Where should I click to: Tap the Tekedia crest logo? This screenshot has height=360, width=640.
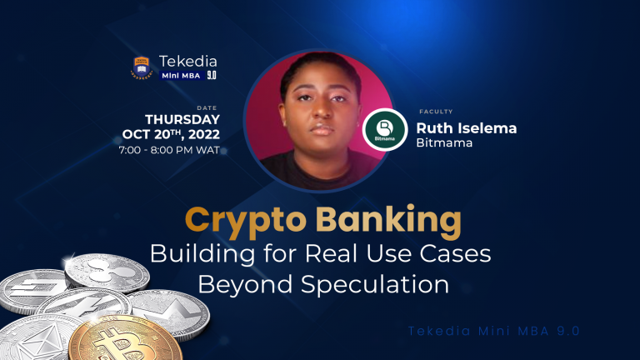click(141, 67)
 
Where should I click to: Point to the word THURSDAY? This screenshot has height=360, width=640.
click(182, 120)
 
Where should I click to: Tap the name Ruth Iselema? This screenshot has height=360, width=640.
click(467, 127)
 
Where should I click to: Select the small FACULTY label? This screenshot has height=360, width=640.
click(431, 109)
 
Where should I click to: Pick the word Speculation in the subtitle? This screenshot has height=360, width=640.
click(362, 284)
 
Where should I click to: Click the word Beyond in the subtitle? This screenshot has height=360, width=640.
click(234, 284)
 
